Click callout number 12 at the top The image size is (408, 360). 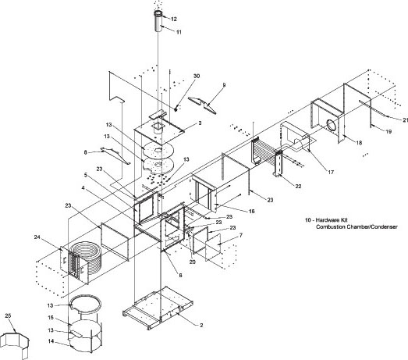[174, 19]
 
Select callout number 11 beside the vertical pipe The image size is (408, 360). [179, 32]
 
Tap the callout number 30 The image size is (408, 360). [197, 76]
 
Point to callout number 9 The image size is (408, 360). [225, 85]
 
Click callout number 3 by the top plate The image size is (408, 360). [200, 123]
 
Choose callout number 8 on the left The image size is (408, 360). [85, 152]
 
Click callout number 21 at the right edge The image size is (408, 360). [405, 120]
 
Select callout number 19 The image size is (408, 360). [388, 131]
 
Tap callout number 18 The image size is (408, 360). [359, 143]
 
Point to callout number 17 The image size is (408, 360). [331, 172]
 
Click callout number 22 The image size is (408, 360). [298, 187]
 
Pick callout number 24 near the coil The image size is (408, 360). [37, 237]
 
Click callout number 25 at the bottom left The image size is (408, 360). [8, 315]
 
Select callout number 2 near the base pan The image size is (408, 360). [201, 325]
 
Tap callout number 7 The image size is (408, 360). [241, 236]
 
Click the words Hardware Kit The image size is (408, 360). [332, 220]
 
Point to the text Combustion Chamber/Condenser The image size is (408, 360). [357, 227]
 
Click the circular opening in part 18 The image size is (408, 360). [332, 125]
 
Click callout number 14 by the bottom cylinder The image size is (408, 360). [51, 341]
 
